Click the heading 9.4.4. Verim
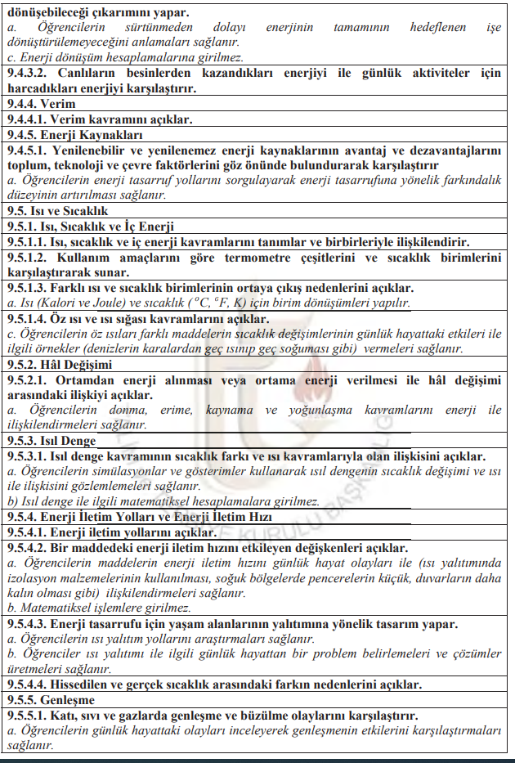(41, 105)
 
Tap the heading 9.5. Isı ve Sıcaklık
(57, 211)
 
